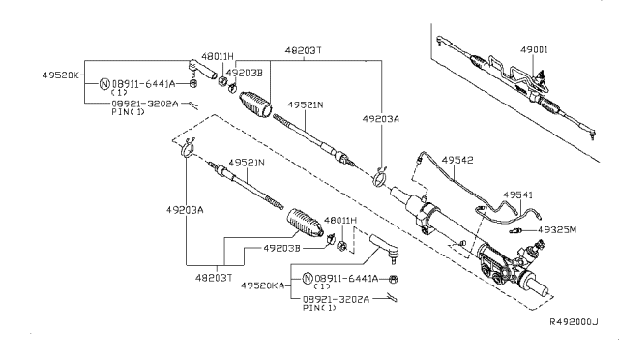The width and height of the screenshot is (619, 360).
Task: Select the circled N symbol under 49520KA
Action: pyautogui.click(x=308, y=279)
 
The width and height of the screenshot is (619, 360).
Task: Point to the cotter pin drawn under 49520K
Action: pyautogui.click(x=195, y=104)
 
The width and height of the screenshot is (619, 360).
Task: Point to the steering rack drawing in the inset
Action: pyautogui.click(x=513, y=82)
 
